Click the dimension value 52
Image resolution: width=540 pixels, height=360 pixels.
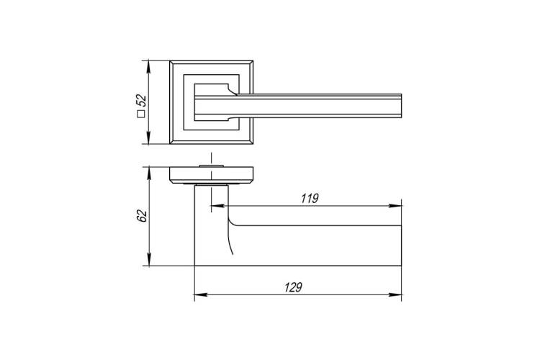[142, 100]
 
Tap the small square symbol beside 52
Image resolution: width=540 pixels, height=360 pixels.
[141, 114]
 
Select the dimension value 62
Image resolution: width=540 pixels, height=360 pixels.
[142, 216]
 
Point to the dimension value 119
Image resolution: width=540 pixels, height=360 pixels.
[310, 199]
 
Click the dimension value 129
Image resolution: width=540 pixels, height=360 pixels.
[293, 287]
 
